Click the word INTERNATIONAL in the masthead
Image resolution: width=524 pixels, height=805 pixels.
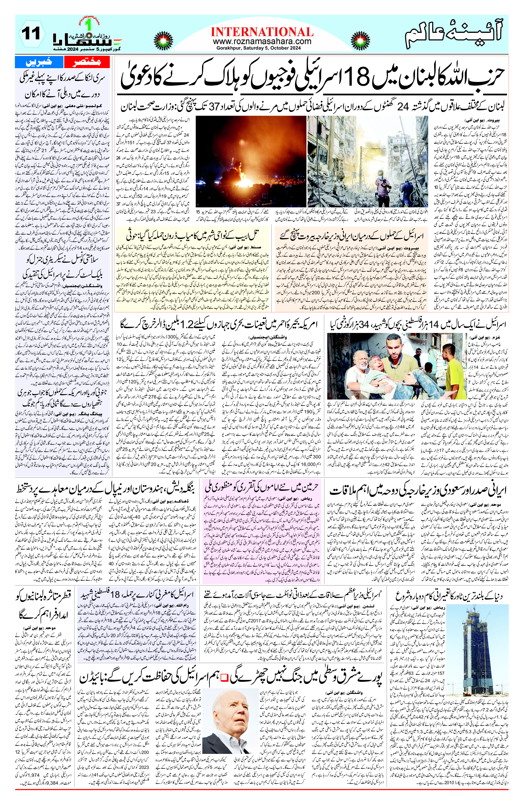(x=262, y=32)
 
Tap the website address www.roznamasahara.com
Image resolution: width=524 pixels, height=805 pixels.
(x=262, y=41)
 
